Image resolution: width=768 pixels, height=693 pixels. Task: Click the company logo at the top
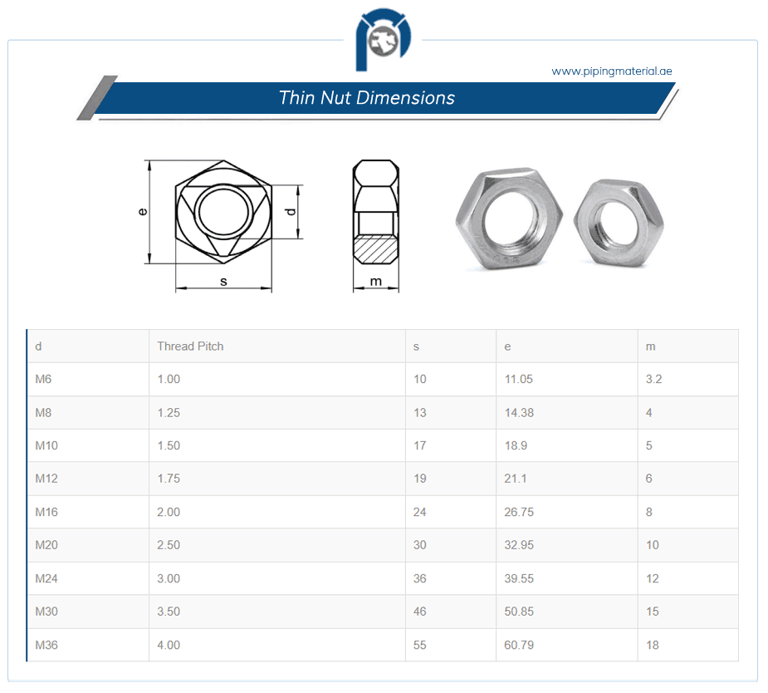pos(384,42)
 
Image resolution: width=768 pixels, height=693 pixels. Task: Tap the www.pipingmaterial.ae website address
pos(611,71)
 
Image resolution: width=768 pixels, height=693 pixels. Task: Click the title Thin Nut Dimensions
pos(367,98)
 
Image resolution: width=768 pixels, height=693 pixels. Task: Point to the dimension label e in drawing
pos(143,212)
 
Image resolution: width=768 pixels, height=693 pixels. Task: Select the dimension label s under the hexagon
pos(223,282)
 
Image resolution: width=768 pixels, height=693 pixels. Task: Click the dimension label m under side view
pos(376,282)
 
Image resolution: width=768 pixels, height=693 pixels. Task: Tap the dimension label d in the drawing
pos(291,212)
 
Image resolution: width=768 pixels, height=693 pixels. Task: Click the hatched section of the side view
pos(376,248)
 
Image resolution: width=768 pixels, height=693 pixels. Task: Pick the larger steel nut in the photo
pos(508,219)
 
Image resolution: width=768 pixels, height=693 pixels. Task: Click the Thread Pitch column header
pos(190,346)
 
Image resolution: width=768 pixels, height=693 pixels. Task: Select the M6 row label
pos(43,379)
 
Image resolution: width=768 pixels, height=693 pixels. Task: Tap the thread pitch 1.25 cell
pos(169,412)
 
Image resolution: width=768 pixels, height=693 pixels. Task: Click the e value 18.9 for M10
pos(516,445)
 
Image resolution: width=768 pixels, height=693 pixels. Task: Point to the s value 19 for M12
pos(419,479)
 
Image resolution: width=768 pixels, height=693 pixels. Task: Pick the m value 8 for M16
pos(649,512)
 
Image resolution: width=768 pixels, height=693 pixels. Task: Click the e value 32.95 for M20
pos(519,545)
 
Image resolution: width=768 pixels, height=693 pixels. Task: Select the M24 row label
pos(46,578)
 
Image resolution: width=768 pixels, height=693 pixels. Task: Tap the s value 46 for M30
pos(419,612)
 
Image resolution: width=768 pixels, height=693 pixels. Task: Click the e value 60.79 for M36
pos(519,645)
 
